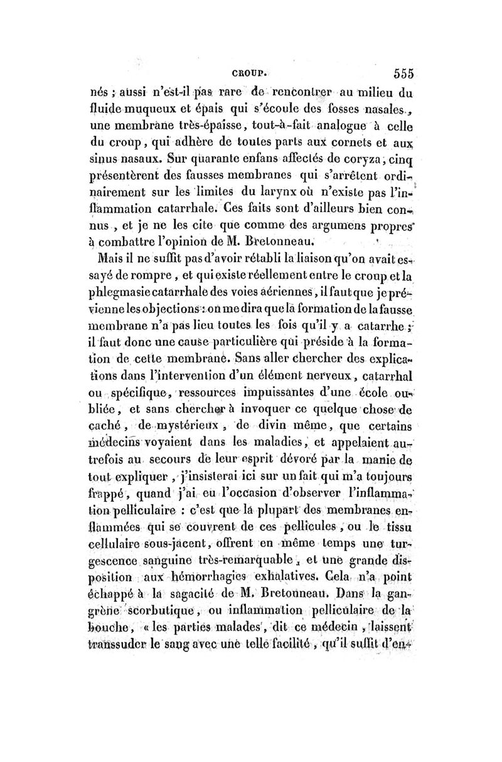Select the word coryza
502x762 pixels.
pyautogui.click(x=374, y=166)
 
